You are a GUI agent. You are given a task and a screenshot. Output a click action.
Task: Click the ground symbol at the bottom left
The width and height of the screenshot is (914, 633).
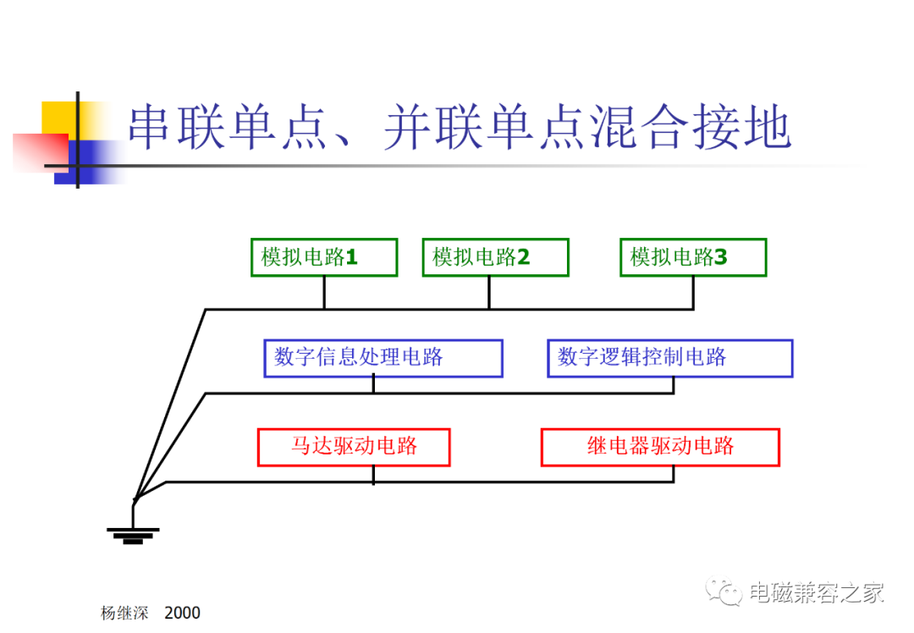click(x=133, y=535)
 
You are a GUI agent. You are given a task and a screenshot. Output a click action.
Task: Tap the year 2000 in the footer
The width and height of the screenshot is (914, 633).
click(x=183, y=613)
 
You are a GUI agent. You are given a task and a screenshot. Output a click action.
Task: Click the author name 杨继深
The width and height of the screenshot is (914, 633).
click(x=124, y=613)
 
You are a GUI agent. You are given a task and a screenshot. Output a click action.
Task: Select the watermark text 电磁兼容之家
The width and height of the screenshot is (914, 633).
click(x=817, y=592)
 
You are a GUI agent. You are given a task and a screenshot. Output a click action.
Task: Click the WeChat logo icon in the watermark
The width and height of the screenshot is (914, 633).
click(x=724, y=591)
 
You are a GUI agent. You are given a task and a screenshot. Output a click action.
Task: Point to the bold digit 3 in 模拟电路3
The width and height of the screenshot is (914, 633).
click(x=721, y=256)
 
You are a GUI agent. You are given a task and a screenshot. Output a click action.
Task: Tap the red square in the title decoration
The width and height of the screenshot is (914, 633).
click(x=41, y=152)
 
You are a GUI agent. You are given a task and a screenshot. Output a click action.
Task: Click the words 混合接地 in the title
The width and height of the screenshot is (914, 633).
click(x=691, y=126)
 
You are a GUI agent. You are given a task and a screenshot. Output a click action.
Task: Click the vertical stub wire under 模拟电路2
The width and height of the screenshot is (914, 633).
click(x=489, y=293)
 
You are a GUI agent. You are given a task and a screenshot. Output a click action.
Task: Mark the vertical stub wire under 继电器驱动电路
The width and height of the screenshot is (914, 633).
click(x=674, y=474)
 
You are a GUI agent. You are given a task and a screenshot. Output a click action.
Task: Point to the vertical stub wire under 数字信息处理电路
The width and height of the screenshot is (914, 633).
click(x=373, y=385)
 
